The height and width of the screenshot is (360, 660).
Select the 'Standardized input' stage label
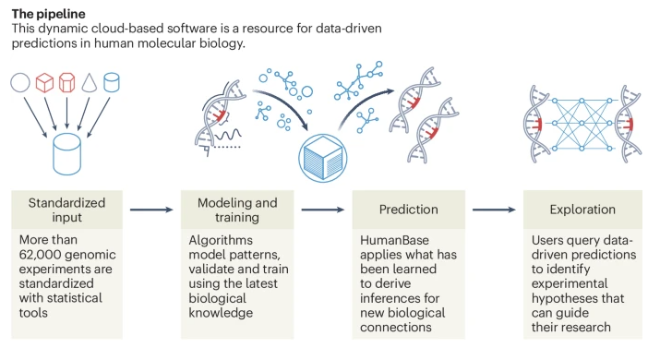(67, 209)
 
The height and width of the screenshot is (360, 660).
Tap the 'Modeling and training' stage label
(238, 209)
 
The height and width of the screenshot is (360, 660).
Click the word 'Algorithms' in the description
(221, 239)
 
